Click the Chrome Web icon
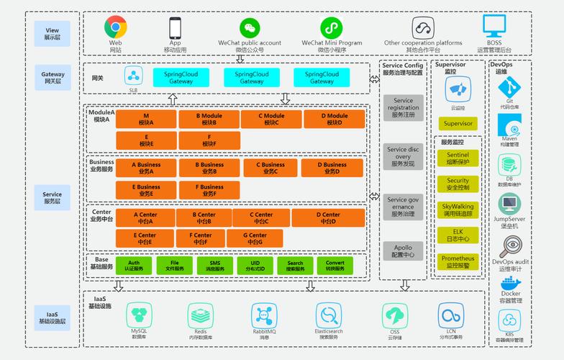click(x=115, y=27)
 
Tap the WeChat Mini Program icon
click(x=331, y=28)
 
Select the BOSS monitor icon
click(x=493, y=27)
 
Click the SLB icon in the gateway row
click(x=133, y=75)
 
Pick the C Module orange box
click(x=271, y=119)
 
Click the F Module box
click(x=209, y=140)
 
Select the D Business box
click(x=332, y=168)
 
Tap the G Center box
click(x=255, y=238)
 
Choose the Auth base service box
click(x=135, y=266)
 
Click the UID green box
click(x=255, y=266)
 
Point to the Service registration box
click(x=403, y=107)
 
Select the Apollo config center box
click(x=403, y=250)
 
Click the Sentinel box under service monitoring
click(x=458, y=158)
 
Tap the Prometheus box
click(x=458, y=261)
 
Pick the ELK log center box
click(x=458, y=235)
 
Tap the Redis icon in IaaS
click(x=201, y=315)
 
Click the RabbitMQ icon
click(x=264, y=315)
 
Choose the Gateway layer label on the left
click(x=53, y=77)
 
